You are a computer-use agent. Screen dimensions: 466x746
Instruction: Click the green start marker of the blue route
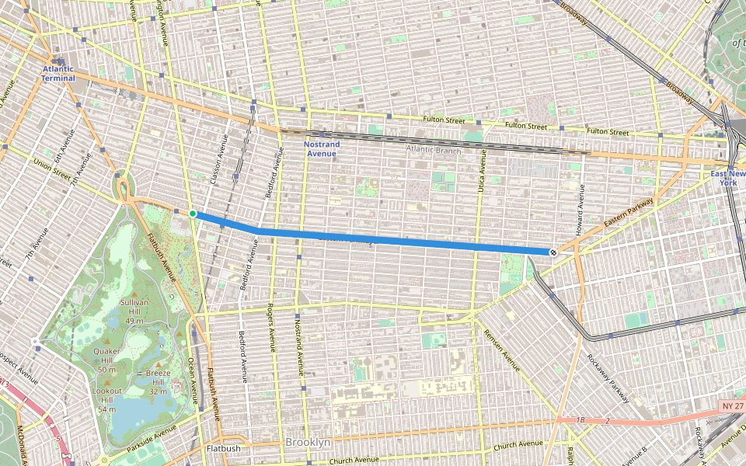click(193, 213)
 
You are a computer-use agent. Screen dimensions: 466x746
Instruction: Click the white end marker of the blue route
click(553, 252)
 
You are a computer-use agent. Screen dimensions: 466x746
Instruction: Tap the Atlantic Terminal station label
click(58, 74)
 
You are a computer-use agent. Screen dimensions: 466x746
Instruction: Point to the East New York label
click(727, 178)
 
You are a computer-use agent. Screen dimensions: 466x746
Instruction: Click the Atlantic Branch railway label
click(433, 150)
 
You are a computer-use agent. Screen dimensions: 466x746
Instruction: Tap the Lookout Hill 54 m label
click(107, 399)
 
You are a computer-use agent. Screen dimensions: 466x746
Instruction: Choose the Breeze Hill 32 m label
click(158, 383)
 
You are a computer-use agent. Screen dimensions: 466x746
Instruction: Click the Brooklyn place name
click(308, 442)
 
